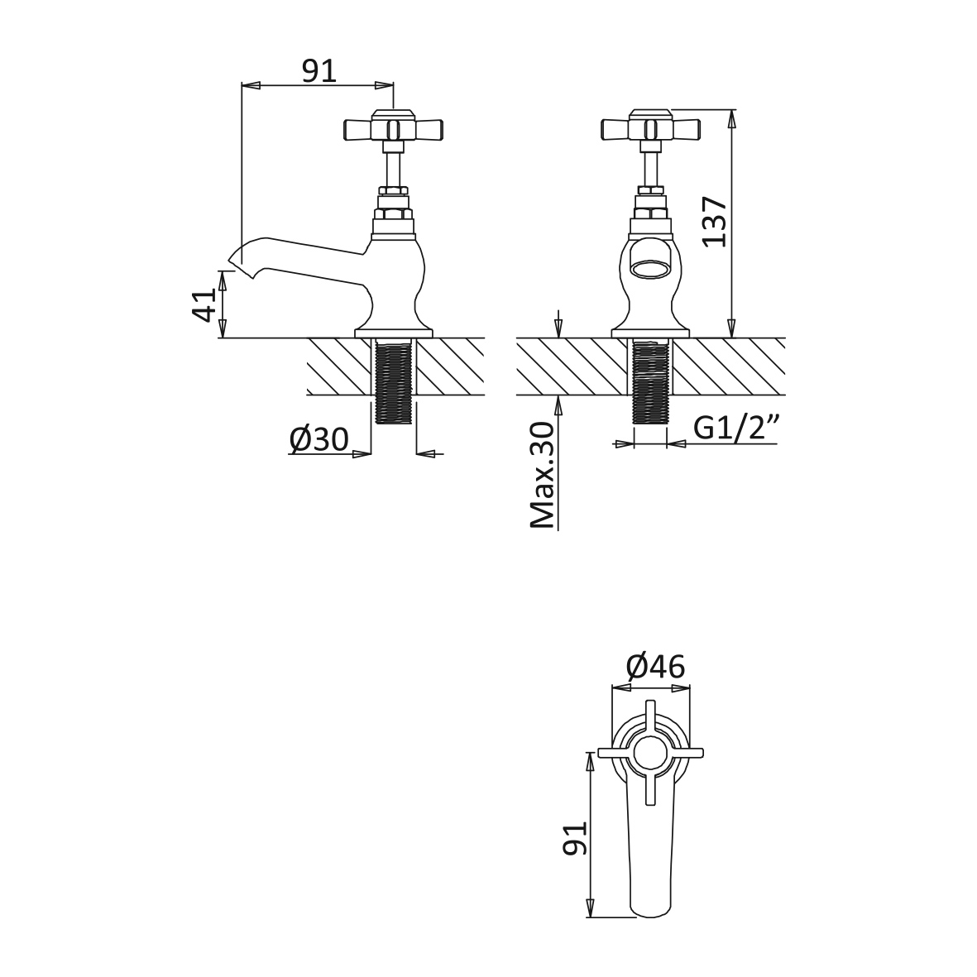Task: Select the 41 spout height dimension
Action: (206, 304)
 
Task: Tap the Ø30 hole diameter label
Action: (319, 439)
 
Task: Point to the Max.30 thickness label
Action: (542, 476)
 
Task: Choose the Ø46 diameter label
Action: (655, 668)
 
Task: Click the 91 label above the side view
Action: (319, 71)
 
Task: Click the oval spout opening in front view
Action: (651, 270)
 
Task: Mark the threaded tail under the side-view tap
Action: (394, 381)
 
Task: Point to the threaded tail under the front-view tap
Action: (650, 381)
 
